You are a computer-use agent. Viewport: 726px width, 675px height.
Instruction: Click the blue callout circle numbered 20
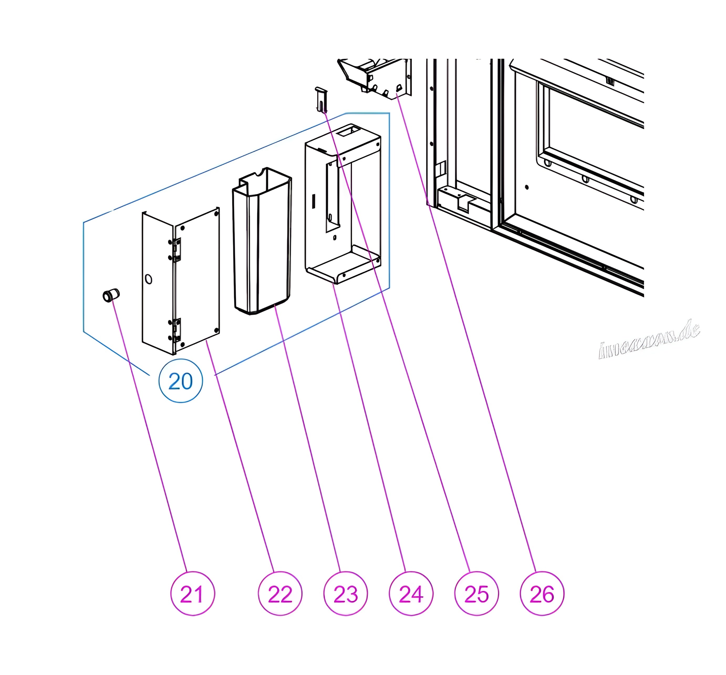click(180, 381)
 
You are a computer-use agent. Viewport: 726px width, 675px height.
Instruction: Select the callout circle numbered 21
click(193, 594)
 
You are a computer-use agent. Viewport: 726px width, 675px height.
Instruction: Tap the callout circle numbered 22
click(280, 594)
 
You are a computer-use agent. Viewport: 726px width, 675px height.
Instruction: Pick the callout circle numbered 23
click(345, 594)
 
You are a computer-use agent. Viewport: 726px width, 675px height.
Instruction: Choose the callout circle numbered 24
click(411, 594)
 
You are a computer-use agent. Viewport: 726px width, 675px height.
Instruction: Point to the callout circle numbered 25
click(476, 594)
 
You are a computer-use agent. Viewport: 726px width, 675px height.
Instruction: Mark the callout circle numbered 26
click(542, 594)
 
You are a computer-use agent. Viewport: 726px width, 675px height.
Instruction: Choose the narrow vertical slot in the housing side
click(313, 201)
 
